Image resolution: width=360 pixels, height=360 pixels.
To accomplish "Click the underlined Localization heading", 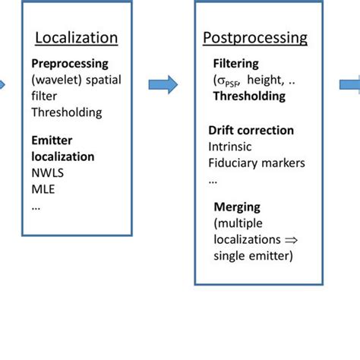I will tap(77, 37).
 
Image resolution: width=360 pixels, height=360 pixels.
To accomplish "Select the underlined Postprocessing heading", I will tap(254, 37).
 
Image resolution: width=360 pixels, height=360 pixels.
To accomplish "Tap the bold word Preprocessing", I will tap(70, 64).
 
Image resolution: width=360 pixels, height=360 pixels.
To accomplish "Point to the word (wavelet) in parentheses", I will tap(55, 80).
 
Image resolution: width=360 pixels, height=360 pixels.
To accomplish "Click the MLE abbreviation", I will tap(43, 189).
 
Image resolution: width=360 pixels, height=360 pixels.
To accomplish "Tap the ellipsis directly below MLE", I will tap(36, 205).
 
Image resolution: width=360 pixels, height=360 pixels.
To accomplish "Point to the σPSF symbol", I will tap(228, 81).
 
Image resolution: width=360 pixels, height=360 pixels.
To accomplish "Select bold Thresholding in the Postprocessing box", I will tap(248, 96).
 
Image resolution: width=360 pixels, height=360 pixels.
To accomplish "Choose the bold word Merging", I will tap(236, 207).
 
